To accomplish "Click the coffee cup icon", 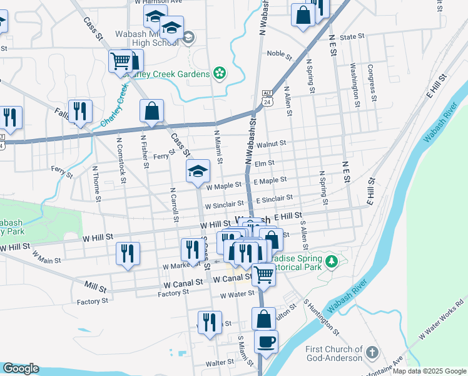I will [267, 342].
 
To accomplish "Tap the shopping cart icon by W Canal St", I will [264, 274].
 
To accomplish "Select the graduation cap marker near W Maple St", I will [198, 171].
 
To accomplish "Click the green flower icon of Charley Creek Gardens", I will [220, 74].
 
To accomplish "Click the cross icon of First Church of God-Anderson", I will [372, 351].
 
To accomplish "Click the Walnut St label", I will [270, 144].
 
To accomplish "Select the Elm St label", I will [265, 164].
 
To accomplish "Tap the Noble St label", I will [279, 54].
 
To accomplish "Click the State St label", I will [352, 37].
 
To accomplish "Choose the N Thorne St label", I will [97, 184].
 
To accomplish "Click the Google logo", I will [21, 368].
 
